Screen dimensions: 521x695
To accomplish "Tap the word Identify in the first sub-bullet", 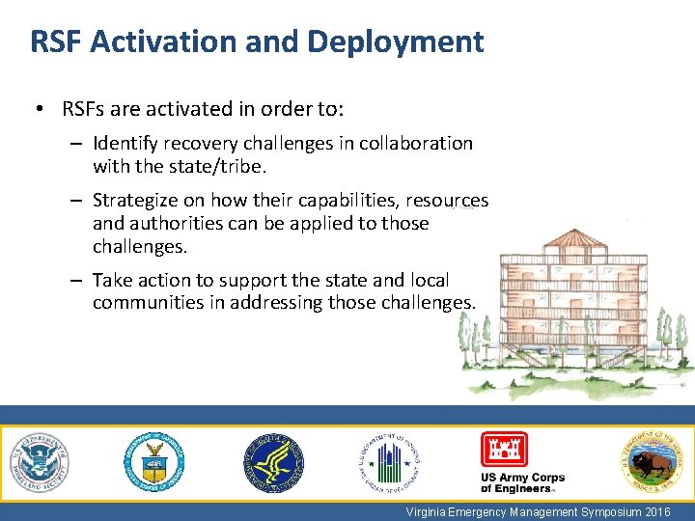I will coord(125,144).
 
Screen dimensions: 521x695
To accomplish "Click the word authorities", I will coord(181,223).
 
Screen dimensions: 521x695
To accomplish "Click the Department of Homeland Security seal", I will coord(40,462).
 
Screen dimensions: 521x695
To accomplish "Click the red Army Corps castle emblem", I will coord(505,450).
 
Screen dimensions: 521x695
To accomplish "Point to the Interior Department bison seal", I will coord(653,462).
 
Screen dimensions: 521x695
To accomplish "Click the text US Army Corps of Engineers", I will coord(522,483).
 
